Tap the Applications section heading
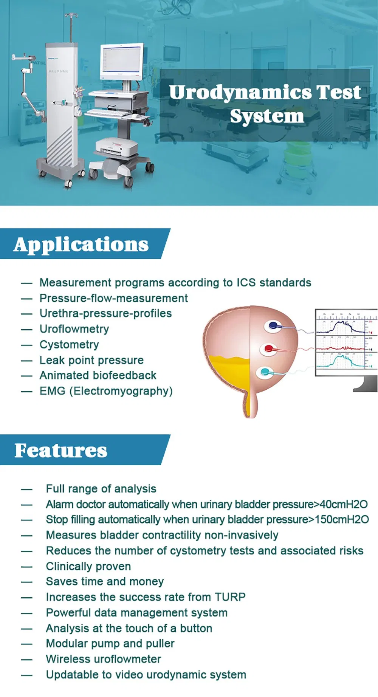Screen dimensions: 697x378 pyautogui.click(x=81, y=244)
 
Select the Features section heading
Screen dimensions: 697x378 pyautogui.click(x=61, y=451)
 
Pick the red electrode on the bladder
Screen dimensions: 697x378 pyautogui.click(x=269, y=348)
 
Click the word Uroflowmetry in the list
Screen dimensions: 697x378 pyautogui.click(x=74, y=329)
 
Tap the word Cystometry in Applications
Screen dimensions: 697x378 pyautogui.click(x=69, y=345)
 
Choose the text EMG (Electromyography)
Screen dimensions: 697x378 pyautogui.click(x=106, y=391)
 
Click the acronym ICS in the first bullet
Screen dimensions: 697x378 pyautogui.click(x=246, y=283)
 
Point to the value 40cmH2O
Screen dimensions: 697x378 pyautogui.click(x=343, y=504)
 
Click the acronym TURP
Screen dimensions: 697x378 pyautogui.click(x=230, y=597)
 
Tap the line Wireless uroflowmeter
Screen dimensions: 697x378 pyautogui.click(x=103, y=659)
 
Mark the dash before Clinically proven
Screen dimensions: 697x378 pyautogui.click(x=26, y=567)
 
